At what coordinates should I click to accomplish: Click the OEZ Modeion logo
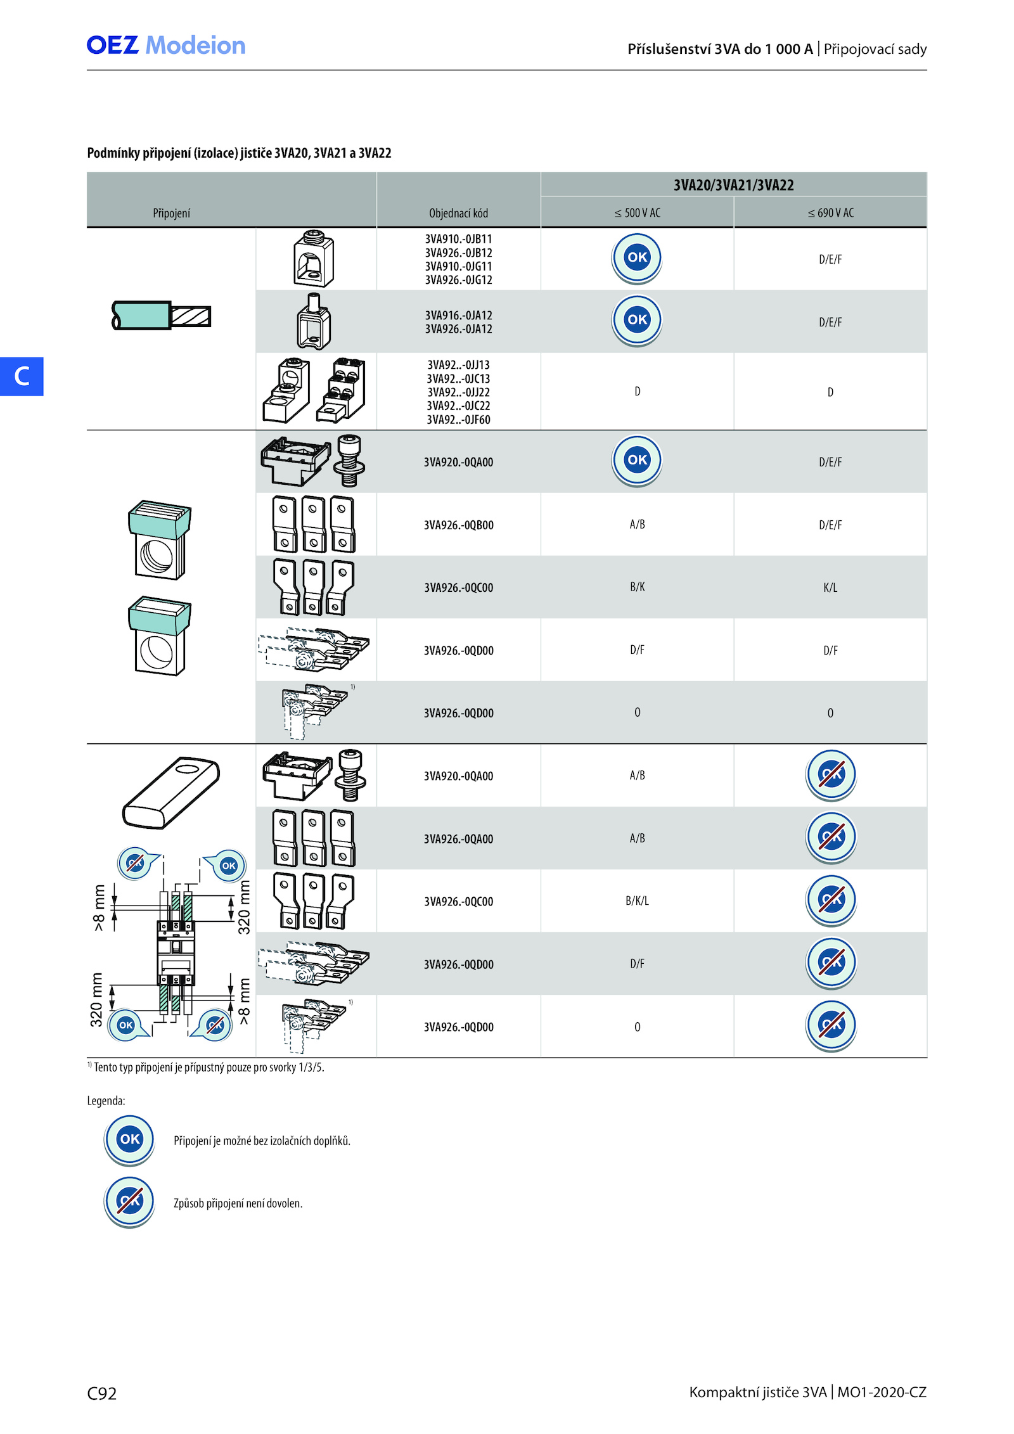[x=166, y=46]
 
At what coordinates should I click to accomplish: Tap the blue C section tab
[x=22, y=376]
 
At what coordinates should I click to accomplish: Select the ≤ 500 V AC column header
[x=637, y=213]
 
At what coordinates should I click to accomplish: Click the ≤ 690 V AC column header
[x=830, y=213]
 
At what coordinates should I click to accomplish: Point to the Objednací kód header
[x=458, y=213]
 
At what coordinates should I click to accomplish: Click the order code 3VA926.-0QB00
[x=458, y=525]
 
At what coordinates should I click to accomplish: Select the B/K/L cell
[x=637, y=900]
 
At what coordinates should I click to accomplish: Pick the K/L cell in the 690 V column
[x=830, y=587]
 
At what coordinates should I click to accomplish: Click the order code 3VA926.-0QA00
[x=458, y=838]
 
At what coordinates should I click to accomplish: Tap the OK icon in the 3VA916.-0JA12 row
[x=637, y=320]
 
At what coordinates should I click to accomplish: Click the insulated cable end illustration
[x=161, y=316]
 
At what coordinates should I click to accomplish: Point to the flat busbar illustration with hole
[x=170, y=792]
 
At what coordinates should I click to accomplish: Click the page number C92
[x=102, y=1393]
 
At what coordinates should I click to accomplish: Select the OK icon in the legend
[x=129, y=1140]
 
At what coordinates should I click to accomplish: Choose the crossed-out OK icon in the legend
[x=129, y=1202]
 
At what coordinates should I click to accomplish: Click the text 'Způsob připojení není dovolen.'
[x=238, y=1203]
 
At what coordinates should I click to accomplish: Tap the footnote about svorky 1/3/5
[x=206, y=1067]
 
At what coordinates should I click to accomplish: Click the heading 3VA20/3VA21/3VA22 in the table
[x=733, y=185]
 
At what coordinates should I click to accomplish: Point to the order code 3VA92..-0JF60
[x=458, y=419]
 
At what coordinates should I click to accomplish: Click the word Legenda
[x=106, y=1101]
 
